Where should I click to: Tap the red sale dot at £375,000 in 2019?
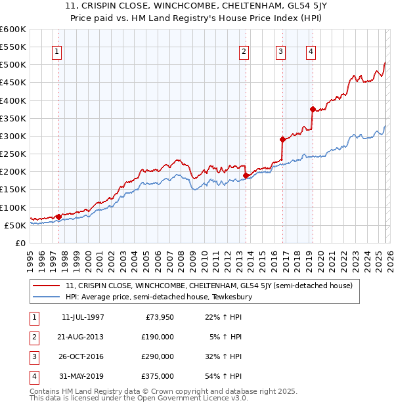coord(313,109)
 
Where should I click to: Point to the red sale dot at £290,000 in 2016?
coord(282,139)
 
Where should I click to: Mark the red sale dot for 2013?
coord(246,175)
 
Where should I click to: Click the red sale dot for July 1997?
coord(58,216)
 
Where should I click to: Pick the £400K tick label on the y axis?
coord(12,100)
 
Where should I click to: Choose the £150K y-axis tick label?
coord(12,190)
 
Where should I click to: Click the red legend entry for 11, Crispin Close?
coord(209,286)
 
